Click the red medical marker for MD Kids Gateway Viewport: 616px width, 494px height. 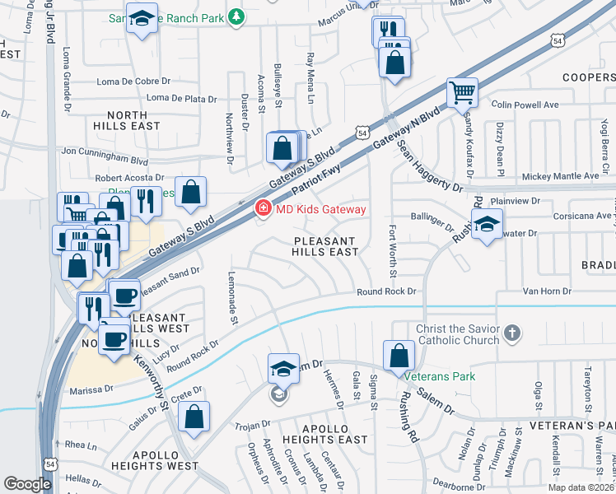pyautogui.click(x=264, y=210)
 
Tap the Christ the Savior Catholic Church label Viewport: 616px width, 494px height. pyautogui.click(x=457, y=334)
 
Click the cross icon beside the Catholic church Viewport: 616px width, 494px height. pyautogui.click(x=512, y=333)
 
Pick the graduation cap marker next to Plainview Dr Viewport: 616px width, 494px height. pyautogui.click(x=487, y=223)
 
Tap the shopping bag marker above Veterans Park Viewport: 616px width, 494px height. pyautogui.click(x=399, y=355)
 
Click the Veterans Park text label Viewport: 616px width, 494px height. pyautogui.click(x=440, y=376)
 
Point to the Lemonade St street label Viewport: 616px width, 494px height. pyautogui.click(x=233, y=297)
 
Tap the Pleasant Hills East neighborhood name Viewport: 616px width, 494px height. pyautogui.click(x=324, y=247)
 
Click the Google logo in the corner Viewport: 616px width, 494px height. pyautogui.click(x=27, y=484)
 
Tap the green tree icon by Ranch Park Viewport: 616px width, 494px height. pyautogui.click(x=236, y=16)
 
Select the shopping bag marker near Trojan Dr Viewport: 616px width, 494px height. pyautogui.click(x=194, y=416)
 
